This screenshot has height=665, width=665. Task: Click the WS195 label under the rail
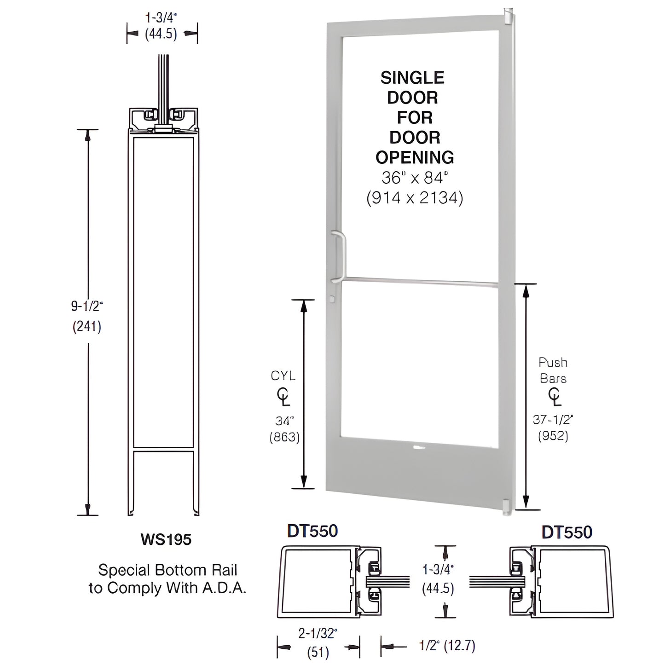tap(166, 539)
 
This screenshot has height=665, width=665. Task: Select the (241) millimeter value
tap(87, 326)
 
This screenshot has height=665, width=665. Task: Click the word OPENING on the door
tap(415, 157)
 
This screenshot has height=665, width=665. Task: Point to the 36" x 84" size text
tap(415, 178)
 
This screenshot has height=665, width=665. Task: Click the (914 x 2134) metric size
tap(415, 198)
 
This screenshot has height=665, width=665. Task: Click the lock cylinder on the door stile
tap(333, 300)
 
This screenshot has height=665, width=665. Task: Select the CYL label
tap(283, 376)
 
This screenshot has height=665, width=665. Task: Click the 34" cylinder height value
tap(284, 420)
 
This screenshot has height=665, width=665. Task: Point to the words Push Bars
tap(553, 370)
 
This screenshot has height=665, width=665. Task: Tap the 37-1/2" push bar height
tap(553, 419)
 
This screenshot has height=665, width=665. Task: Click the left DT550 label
tap(312, 531)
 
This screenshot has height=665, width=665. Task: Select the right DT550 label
tap(567, 532)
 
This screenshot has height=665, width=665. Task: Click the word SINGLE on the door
tap(412, 78)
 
